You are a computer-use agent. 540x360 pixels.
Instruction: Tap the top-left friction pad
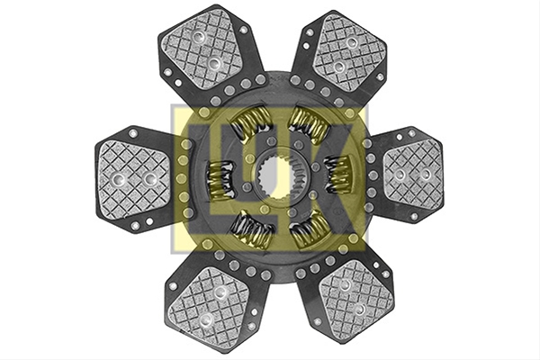pyautogui.click(x=203, y=49)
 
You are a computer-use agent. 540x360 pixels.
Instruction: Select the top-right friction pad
pyautogui.click(x=349, y=52)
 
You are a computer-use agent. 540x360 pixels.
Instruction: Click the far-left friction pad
pyautogui.click(x=134, y=179)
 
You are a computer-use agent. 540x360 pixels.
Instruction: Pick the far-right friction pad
pyautogui.click(x=413, y=175)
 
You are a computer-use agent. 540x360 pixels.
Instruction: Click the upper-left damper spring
pyautogui.click(x=250, y=123)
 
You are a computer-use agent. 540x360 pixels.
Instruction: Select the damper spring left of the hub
pyautogui.click(x=220, y=179)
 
